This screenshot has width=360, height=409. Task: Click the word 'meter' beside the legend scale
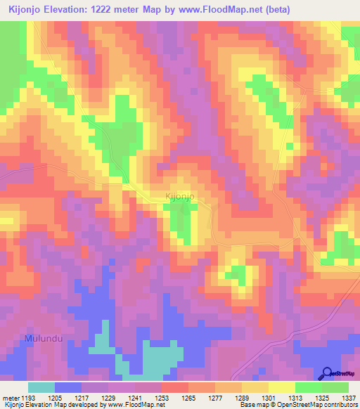tap(12, 398)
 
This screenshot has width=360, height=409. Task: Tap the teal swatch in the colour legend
tap(41, 387)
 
